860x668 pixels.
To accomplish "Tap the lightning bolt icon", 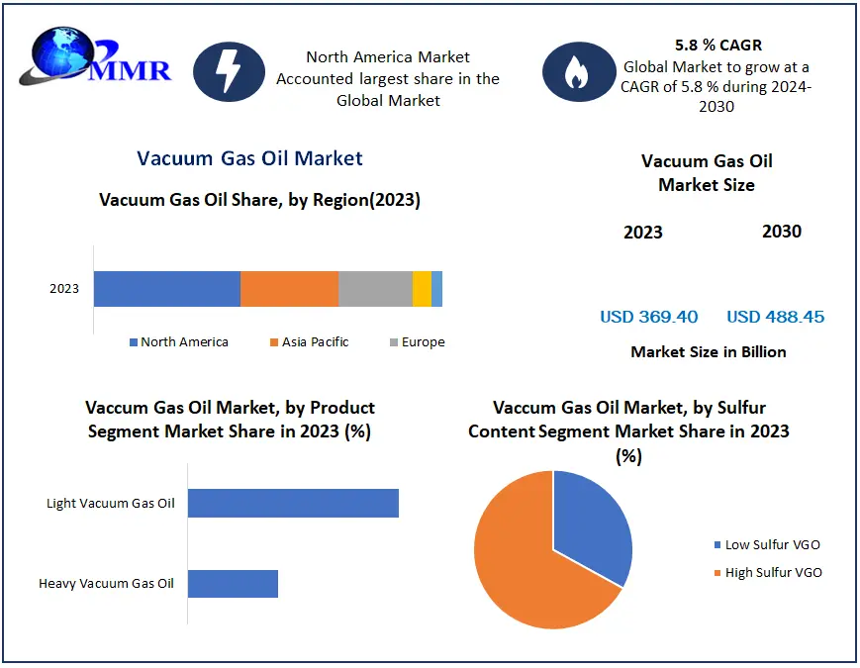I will pos(229,71).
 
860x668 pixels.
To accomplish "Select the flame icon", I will pos(578,72).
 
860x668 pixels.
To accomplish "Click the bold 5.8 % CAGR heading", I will pos(717,45).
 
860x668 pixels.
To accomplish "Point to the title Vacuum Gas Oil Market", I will pos(249,158).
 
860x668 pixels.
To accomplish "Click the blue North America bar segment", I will pos(167,289).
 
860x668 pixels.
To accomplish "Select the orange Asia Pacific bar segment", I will pos(289,289).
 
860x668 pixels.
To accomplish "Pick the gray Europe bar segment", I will pos(375,289).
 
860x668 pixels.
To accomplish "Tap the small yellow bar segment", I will pos(422,289).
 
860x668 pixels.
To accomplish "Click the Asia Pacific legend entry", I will pos(309,342).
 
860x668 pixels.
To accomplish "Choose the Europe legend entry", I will pos(417,342).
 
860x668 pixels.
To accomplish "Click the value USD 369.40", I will pos(648,317).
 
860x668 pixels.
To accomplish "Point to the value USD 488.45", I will pos(775,317).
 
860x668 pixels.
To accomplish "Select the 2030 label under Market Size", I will pos(781,232).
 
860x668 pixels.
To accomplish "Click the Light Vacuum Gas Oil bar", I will pos(293,503).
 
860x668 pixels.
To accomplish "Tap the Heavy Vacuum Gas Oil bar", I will pos(233,583).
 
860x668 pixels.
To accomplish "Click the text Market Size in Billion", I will pos(708,352).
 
